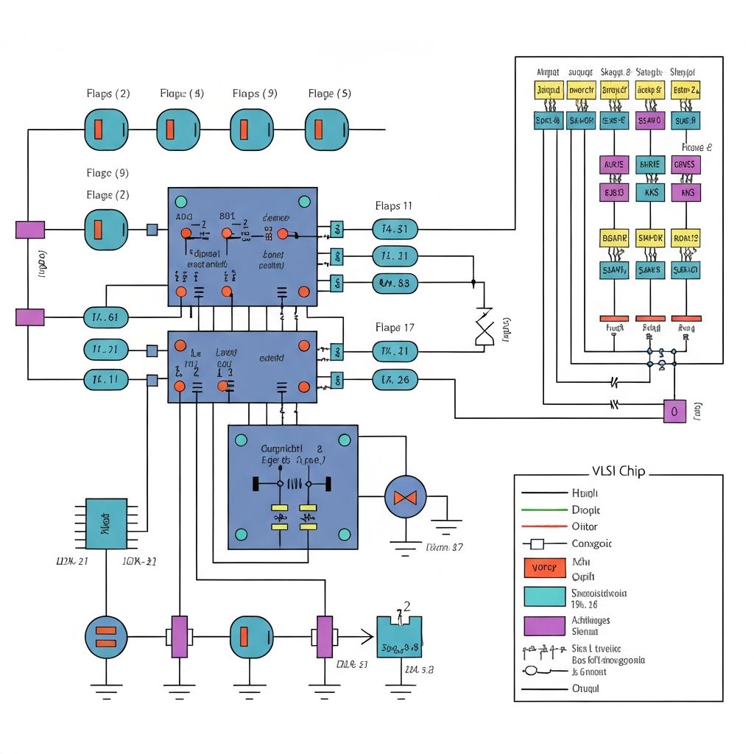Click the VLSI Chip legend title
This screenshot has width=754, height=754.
(x=618, y=471)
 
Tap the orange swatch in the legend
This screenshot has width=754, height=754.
(x=543, y=568)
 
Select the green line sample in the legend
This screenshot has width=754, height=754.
(x=543, y=510)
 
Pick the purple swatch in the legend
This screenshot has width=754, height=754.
(x=543, y=626)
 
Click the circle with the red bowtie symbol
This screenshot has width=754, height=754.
(x=405, y=497)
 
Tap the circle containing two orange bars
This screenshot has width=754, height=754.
(x=106, y=637)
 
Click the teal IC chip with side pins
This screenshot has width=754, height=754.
(x=106, y=524)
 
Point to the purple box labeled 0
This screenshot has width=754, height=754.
(x=674, y=412)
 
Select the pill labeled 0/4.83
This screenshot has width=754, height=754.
(x=395, y=283)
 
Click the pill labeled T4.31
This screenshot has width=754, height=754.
(x=395, y=229)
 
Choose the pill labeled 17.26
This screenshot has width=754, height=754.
(x=395, y=380)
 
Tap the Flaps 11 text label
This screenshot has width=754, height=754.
(x=393, y=206)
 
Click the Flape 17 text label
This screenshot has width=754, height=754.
(x=393, y=327)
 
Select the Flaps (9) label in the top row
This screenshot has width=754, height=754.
(x=255, y=94)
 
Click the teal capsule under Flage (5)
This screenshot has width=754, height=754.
(x=326, y=129)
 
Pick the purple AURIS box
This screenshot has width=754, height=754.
(x=613, y=165)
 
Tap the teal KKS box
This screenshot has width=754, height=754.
(x=650, y=193)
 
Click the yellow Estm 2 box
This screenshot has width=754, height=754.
(x=686, y=91)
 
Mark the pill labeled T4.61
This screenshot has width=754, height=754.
(x=106, y=317)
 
